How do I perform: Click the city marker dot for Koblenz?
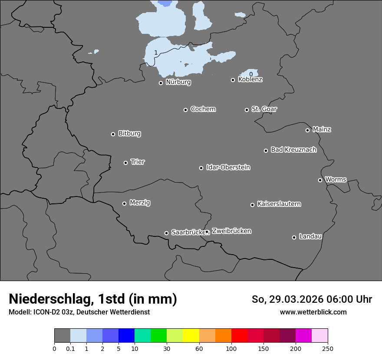[x=233, y=80]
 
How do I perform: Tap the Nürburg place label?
[x=178, y=82]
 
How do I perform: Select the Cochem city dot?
[x=185, y=110]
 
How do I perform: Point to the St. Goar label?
[x=264, y=109]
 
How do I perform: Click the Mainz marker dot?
[x=307, y=130]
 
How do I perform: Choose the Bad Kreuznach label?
[x=293, y=150]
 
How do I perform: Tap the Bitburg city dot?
[x=113, y=134]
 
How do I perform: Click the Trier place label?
[x=138, y=162]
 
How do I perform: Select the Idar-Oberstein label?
[x=228, y=167]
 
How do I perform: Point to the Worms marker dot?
[x=320, y=180]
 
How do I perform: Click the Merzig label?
[x=140, y=203]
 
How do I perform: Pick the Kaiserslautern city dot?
[x=252, y=205]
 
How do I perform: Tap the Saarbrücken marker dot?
[x=166, y=233]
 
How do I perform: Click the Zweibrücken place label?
[x=231, y=231]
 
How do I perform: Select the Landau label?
[x=310, y=236]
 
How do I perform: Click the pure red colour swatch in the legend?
[x=239, y=336]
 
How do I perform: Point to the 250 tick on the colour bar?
[x=327, y=348]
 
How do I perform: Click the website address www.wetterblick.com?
[x=313, y=312]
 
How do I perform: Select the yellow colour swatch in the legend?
[x=191, y=336]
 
